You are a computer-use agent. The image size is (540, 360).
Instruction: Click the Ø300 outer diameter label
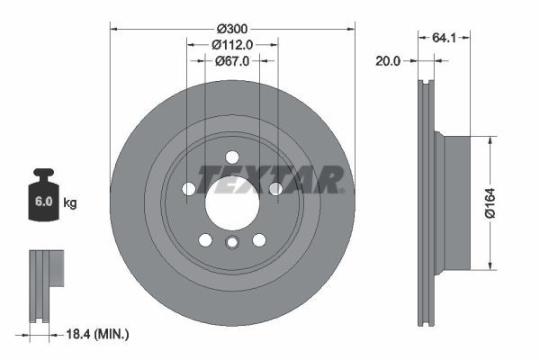232,26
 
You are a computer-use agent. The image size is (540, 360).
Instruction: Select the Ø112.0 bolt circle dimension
232,43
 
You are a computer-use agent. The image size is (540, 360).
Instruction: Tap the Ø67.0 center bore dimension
232,60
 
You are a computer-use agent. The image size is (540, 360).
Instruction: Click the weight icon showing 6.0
43,193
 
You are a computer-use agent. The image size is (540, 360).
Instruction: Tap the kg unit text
71,202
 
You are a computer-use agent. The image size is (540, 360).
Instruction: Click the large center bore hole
232,201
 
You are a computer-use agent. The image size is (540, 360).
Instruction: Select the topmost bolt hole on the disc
232,157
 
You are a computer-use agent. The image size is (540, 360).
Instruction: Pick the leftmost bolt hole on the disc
189,188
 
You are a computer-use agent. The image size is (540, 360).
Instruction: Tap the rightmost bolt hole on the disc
275,188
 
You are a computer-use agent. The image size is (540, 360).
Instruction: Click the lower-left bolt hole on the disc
205,239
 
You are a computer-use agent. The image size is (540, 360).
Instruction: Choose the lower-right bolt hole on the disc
259,239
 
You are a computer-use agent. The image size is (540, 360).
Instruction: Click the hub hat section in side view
454,202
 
